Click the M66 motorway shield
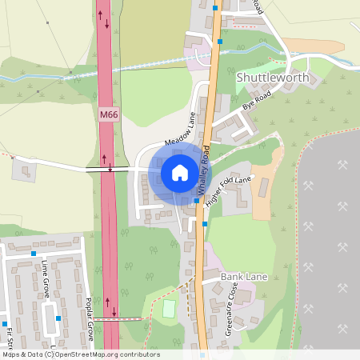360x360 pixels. click(x=108, y=115)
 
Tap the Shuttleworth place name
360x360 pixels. click(x=274, y=77)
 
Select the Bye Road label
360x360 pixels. click(x=258, y=100)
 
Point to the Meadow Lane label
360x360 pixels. click(x=180, y=130)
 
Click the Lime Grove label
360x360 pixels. click(x=46, y=279)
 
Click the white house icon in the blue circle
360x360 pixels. click(x=180, y=173)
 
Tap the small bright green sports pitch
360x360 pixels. click(x=169, y=308)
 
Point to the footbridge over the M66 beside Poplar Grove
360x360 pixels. click(x=113, y=318)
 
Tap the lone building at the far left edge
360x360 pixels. click(x=25, y=170)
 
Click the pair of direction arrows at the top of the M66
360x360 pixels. click(x=103, y=18)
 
